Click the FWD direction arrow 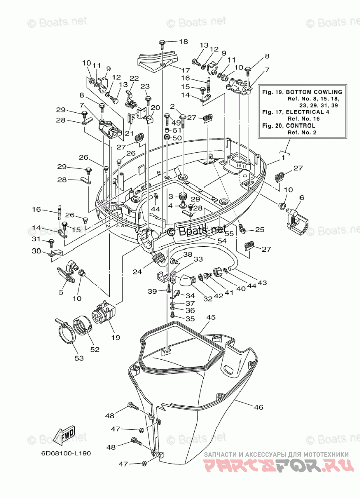click(64, 434)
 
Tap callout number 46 click(259, 407)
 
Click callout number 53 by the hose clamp click(79, 358)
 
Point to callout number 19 click(116, 337)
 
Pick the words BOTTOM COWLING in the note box click(314, 92)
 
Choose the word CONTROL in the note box click(301, 126)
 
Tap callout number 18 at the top click(184, 42)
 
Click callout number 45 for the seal click(211, 317)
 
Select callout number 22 click(134, 78)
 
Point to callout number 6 click(302, 198)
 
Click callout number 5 click(61, 292)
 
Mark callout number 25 click(260, 230)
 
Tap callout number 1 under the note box click(283, 156)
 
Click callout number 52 click(95, 349)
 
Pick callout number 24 click(137, 272)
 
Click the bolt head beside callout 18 click(162, 42)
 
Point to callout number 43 click(262, 282)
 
